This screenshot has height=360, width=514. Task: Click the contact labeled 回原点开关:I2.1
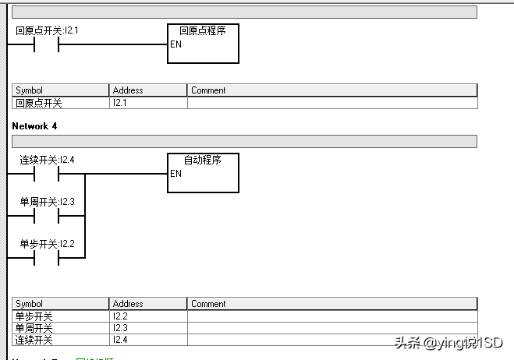coord(47,44)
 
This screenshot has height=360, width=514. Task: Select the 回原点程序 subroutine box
coord(204,44)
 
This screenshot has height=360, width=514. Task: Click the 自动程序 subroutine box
coord(204,173)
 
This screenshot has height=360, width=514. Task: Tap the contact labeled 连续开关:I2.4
coord(47,174)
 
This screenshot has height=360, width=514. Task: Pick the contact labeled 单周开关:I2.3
coord(47,216)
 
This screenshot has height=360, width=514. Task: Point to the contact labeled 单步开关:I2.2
coord(47,258)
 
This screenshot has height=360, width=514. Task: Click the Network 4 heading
coord(34,125)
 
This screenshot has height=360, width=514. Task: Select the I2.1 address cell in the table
coord(147,103)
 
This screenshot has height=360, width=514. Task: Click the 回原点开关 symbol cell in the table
coord(60,103)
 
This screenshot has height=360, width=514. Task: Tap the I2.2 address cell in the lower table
coord(147,316)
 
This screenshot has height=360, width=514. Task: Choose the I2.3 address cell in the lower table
coord(147,328)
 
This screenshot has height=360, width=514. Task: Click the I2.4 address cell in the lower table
coord(147,340)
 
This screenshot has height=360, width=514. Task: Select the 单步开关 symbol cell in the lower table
coord(60,316)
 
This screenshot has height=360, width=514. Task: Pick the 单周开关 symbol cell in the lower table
coord(60,328)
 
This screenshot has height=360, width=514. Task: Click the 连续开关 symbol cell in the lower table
coord(60,340)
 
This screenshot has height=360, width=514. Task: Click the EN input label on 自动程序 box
coord(176,174)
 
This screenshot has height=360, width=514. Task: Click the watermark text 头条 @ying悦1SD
coord(448,343)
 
